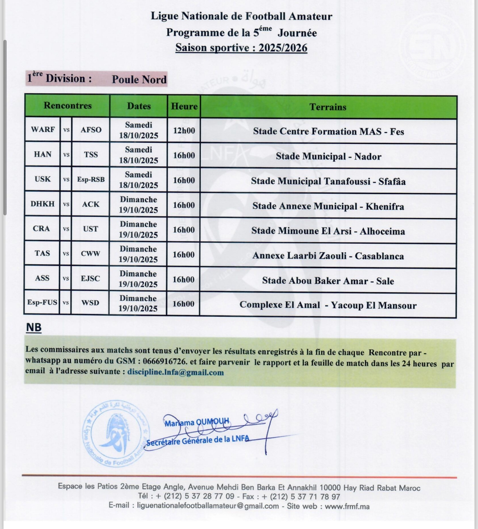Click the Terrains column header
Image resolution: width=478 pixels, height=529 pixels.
[x=328, y=107]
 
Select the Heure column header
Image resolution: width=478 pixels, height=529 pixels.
[x=184, y=106]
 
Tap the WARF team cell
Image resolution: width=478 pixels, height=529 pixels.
[x=43, y=130]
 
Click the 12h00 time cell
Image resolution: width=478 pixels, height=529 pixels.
[x=184, y=130]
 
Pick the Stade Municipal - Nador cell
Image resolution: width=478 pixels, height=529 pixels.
[x=328, y=156]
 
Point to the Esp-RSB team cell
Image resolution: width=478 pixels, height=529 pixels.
[x=91, y=179]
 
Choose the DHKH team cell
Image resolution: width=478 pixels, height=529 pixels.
[x=42, y=204]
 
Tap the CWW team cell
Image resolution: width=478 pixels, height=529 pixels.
[x=90, y=254]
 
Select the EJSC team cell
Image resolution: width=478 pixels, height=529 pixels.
[x=90, y=278]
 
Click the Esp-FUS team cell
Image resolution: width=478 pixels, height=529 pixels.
[x=42, y=302]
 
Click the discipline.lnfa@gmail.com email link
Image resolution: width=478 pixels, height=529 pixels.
[x=175, y=372]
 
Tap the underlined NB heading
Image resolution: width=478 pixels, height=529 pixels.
[x=34, y=328]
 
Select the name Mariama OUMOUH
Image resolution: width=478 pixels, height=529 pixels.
[x=197, y=422]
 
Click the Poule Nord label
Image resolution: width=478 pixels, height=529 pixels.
[x=139, y=79]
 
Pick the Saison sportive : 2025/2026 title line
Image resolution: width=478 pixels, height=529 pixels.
[x=241, y=48]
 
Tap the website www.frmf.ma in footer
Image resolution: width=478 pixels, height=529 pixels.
[x=347, y=506]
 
